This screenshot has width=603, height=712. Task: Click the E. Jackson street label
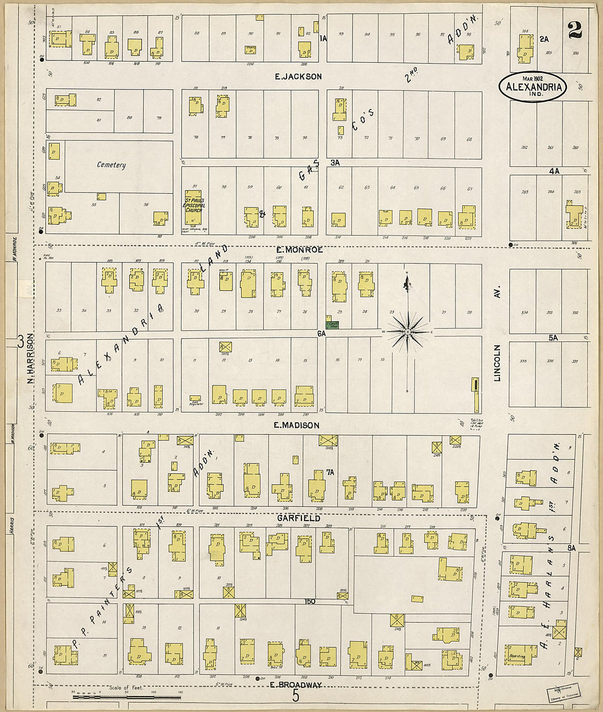(298, 76)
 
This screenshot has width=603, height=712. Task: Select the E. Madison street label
(296, 425)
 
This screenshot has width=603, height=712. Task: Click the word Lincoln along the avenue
(497, 363)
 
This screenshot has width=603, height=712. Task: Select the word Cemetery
(111, 165)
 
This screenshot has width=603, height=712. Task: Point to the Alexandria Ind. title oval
(532, 87)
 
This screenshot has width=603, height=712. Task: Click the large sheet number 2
(574, 30)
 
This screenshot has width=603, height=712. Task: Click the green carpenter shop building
(332, 324)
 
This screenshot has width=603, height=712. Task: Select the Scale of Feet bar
(127, 697)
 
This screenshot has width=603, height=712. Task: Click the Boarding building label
(517, 656)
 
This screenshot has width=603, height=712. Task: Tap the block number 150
(310, 602)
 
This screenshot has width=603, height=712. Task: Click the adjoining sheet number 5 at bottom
(296, 697)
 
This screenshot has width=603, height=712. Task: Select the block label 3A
(335, 162)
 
